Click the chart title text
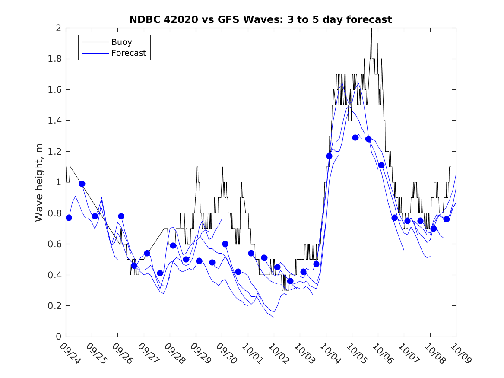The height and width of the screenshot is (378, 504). tap(260, 19)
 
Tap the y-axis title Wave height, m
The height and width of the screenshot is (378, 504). tap(39, 182)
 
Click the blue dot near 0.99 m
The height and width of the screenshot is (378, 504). tap(82, 184)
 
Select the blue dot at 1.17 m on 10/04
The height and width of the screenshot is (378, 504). tap(329, 156)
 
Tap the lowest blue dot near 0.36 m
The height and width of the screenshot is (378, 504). tap(290, 281)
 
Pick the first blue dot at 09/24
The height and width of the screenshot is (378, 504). tap(69, 218)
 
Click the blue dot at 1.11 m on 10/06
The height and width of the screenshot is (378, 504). tap(381, 165)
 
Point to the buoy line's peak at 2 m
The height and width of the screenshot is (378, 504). tap(371, 29)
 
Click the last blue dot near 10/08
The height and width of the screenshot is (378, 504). tap(447, 219)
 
